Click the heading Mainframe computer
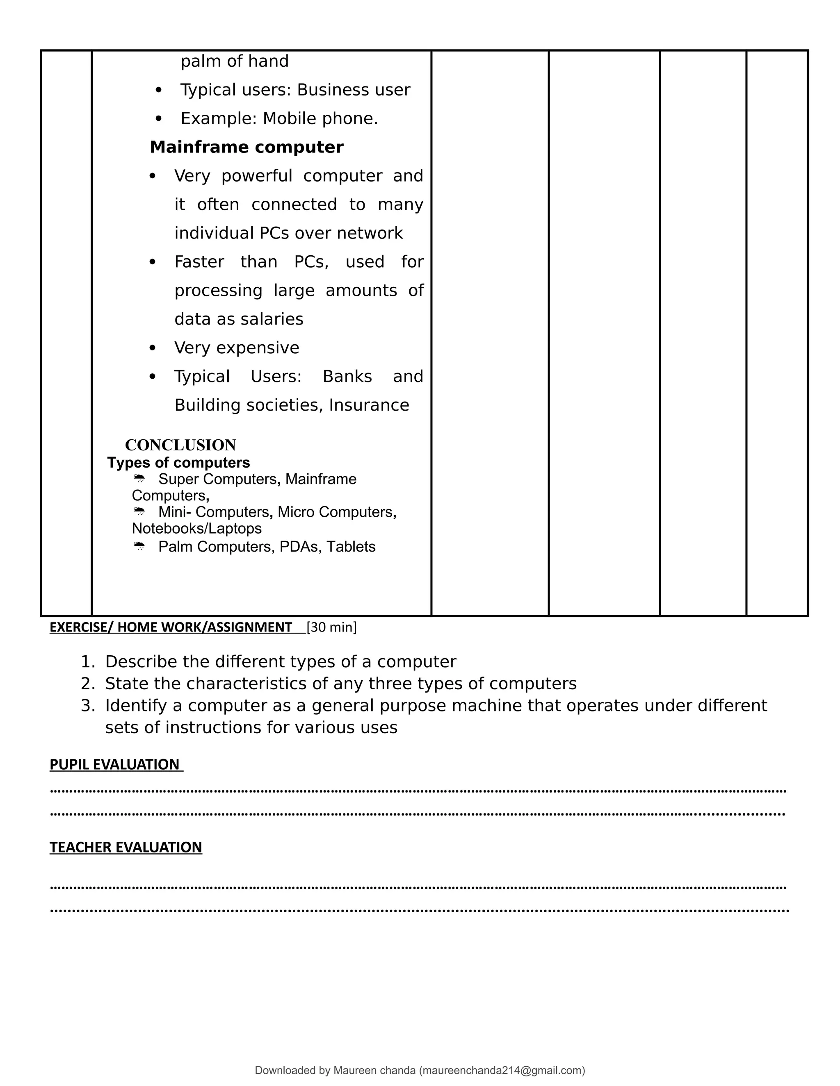click(247, 147)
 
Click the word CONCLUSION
click(180, 445)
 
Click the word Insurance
click(369, 405)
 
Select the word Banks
click(347, 377)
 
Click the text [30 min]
click(331, 627)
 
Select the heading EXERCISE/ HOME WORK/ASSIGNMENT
click(170, 627)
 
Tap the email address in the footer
click(502, 1070)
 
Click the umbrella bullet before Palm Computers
click(139, 546)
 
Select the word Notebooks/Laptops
click(196, 528)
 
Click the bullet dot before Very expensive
click(152, 348)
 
